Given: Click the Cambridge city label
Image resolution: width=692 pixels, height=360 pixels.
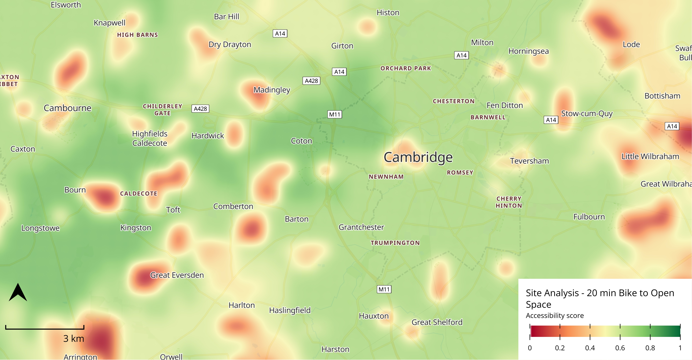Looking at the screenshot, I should click(418, 157).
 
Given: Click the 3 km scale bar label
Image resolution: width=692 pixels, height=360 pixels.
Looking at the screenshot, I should click(74, 338).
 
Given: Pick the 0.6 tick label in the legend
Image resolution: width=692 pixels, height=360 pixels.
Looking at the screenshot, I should click(620, 348).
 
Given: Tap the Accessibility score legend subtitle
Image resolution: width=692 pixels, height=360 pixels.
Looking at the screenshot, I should click(555, 316).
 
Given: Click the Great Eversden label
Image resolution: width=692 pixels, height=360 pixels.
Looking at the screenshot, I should click(177, 275).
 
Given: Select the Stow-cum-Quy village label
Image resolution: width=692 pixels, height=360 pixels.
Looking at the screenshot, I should click(587, 114).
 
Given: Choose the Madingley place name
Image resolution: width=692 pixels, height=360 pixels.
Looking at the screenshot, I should click(272, 90).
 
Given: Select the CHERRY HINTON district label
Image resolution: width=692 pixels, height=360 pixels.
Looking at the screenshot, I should click(509, 202).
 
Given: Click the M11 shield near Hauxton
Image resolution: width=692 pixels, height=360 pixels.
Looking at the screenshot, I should click(384, 289).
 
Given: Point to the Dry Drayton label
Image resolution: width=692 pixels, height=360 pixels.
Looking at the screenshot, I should click(230, 44).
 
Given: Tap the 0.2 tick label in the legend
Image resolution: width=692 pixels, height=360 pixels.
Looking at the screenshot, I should click(560, 348).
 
